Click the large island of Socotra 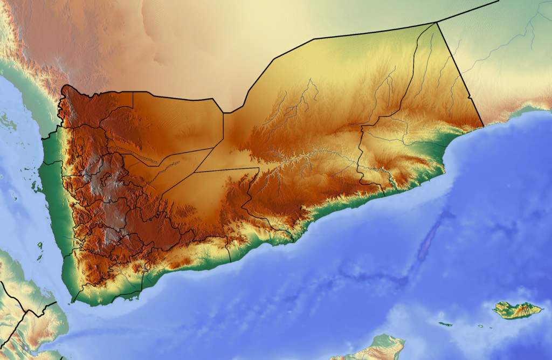[x=517, y=310]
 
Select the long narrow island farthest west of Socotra [x=445, y=324]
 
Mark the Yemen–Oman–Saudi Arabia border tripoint [x=436, y=22]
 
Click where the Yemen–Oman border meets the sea [x=483, y=126]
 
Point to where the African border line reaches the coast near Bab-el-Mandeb [x=56, y=302]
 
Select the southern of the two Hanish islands [x=39, y=258]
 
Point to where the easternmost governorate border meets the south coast [x=384, y=194]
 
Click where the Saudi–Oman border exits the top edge [x=499, y=1]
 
